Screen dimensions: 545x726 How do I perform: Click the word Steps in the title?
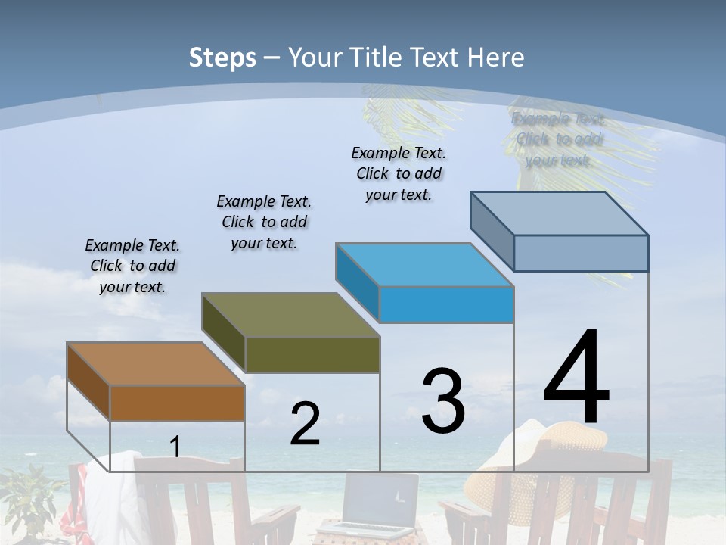coord(222,58)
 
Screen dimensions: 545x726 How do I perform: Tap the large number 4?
coord(576,378)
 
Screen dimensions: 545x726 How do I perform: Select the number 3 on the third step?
coord(443,401)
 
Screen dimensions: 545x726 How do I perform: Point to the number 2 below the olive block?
coord(305,424)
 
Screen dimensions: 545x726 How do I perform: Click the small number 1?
coord(175,447)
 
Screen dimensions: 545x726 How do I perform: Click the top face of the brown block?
coord(155,364)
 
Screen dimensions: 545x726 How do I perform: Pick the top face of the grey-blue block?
coord(560,213)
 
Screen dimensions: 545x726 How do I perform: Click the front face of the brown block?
coord(177,403)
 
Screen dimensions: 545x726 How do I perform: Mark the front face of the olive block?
coord(312,354)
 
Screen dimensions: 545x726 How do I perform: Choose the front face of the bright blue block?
coord(446,304)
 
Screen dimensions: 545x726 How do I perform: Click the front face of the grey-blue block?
coord(581,253)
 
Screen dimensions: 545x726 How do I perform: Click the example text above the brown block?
coord(132,266)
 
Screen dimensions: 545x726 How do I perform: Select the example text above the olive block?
coord(264,222)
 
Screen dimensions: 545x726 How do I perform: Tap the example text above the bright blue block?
coord(399,173)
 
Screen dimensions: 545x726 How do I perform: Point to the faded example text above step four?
coord(558,139)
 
